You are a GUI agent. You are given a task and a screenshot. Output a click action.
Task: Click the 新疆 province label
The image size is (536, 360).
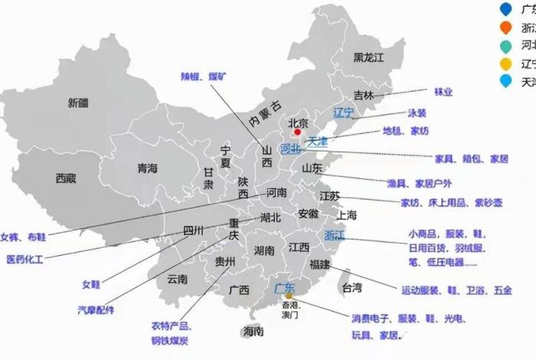tap(78, 102)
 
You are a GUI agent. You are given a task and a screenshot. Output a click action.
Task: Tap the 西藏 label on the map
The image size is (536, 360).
tap(66, 178)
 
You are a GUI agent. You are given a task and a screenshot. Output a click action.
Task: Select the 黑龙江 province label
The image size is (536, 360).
tap(368, 57)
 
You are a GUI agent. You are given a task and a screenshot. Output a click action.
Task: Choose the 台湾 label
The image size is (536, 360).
tap(351, 288)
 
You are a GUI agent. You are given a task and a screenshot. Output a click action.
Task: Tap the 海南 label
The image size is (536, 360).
tap(253, 332)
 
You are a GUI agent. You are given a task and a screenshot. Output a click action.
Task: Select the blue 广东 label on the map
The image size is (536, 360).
tap(284, 289)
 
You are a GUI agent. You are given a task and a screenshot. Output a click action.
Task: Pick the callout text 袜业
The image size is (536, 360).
tap(443, 91)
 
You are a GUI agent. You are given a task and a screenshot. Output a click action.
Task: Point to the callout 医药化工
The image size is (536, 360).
tap(25, 260)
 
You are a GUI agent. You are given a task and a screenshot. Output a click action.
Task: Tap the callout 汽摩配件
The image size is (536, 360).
tap(95, 310)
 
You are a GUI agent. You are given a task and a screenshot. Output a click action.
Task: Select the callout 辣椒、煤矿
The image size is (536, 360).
tap(204, 77)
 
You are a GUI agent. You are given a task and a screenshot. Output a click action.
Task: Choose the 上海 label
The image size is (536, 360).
tap(346, 215)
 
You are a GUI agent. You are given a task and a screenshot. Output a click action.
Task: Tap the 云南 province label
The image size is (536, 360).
tap(177, 280)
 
